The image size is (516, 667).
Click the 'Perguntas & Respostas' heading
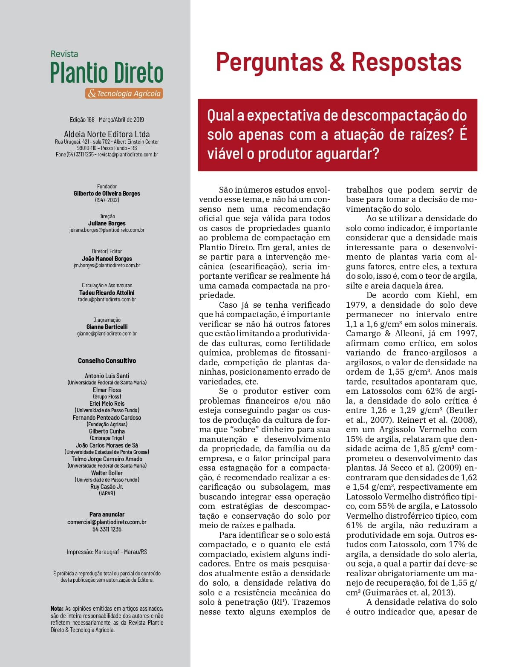coord(339,62)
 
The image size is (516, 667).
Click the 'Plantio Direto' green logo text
coord(107,73)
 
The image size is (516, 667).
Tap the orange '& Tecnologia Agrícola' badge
coord(124,93)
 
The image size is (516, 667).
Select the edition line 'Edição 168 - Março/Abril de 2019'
coord(107,120)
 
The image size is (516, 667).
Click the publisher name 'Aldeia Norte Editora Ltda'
coord(107,134)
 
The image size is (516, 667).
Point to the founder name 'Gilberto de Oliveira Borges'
coord(107,193)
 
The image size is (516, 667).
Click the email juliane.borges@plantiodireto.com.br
coord(107,230)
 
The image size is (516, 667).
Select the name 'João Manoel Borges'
coord(107,259)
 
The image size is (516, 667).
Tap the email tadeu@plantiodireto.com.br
coord(107,299)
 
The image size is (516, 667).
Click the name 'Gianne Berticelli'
coord(107,327)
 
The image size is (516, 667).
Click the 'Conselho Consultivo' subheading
coord(107,361)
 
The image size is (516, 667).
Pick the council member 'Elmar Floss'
coord(107,390)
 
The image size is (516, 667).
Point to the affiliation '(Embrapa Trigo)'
coord(107,438)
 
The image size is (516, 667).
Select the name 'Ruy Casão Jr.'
coord(107,487)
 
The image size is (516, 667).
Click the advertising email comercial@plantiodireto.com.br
coord(107,522)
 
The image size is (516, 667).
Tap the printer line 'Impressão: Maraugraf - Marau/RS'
coord(107,552)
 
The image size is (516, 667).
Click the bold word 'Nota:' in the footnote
coord(57,609)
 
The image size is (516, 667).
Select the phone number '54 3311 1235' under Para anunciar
coord(107,529)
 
